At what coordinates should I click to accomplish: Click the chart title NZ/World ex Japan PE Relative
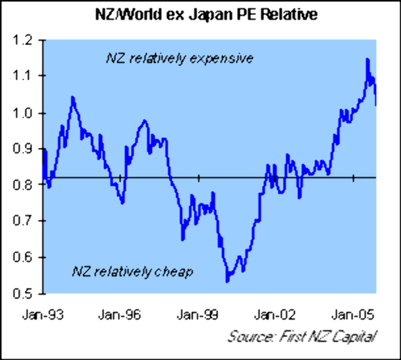pos(206,15)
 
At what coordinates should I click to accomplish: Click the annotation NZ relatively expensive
pos(179,59)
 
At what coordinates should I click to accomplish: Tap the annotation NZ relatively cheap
pos(132,272)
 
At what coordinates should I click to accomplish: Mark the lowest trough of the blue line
pos(228,281)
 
